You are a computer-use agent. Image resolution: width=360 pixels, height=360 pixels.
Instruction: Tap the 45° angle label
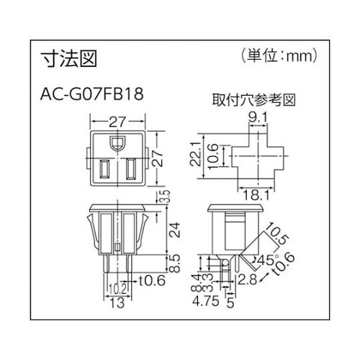coord(266,261)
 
